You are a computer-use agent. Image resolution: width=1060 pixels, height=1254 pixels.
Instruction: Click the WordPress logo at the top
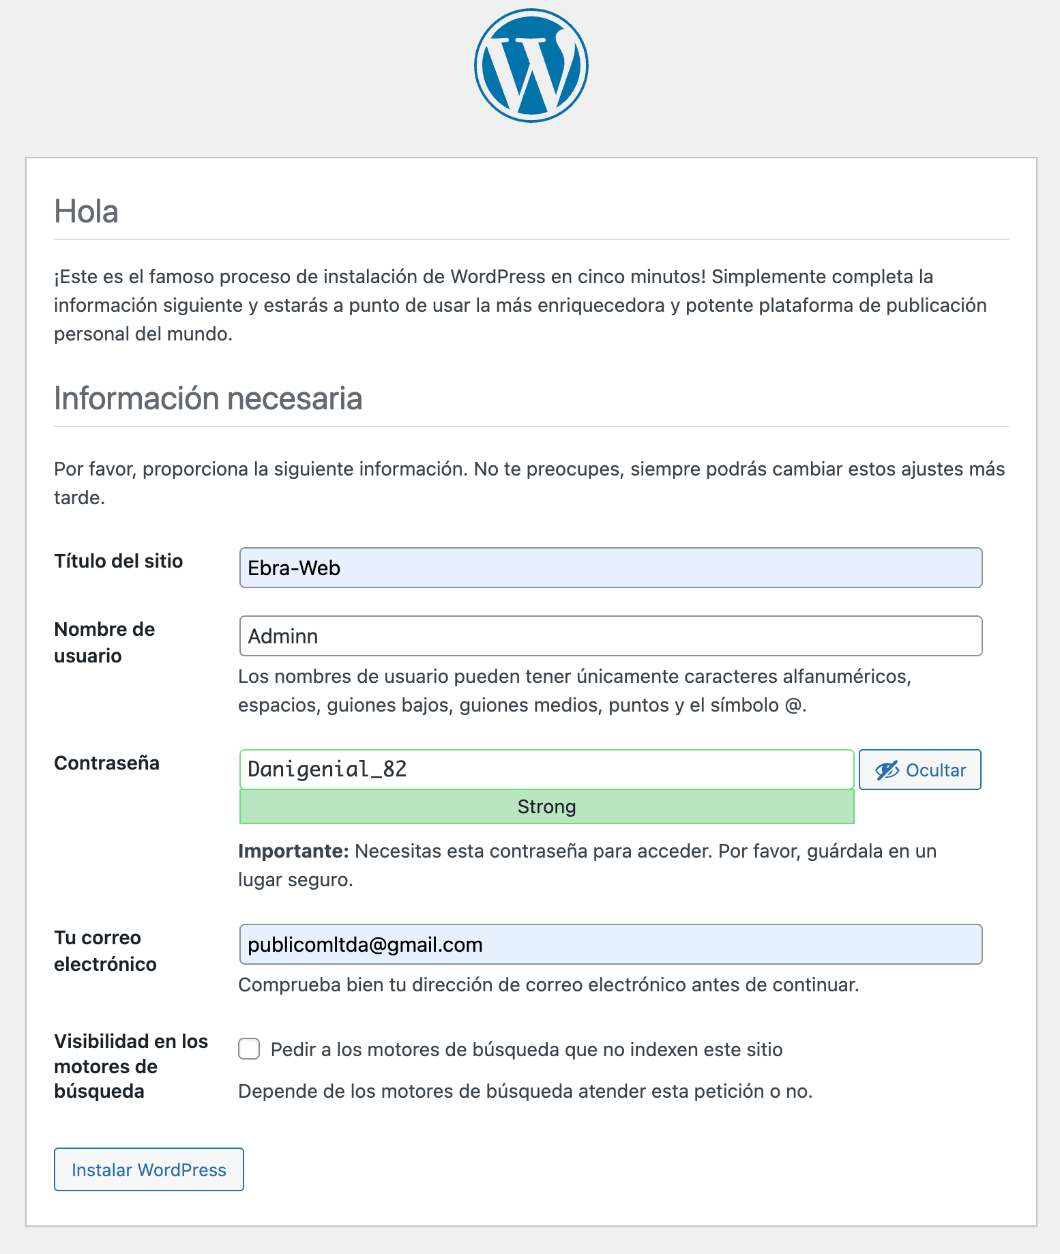click(531, 65)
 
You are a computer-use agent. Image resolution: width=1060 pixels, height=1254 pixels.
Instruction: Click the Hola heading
click(86, 212)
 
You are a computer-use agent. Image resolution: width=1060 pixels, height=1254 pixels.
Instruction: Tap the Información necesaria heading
click(208, 398)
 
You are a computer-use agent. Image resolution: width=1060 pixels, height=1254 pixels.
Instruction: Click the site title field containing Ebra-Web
click(610, 568)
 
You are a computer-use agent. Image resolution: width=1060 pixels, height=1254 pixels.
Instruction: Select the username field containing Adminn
click(610, 636)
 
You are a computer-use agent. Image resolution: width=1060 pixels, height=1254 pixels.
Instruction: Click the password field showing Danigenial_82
click(546, 770)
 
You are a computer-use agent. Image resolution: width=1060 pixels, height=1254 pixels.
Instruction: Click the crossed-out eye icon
click(887, 770)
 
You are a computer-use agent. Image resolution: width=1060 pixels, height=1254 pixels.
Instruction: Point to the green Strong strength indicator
click(546, 806)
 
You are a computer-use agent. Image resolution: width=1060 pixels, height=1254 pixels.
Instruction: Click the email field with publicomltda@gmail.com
click(610, 944)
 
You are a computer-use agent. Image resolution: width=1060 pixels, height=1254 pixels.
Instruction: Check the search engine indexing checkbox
click(249, 1049)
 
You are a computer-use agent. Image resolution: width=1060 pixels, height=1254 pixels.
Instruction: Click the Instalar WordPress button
click(149, 1169)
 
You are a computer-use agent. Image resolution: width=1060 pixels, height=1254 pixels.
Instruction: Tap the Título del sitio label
click(119, 561)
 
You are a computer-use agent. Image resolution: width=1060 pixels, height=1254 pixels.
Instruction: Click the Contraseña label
click(106, 763)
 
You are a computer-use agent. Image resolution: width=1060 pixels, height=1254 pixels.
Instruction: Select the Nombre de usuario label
click(104, 642)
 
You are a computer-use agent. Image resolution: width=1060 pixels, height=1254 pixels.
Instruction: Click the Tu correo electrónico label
click(105, 950)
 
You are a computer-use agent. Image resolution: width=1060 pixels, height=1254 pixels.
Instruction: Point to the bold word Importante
click(293, 851)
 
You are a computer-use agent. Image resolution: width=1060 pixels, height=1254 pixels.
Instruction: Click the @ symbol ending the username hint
click(793, 705)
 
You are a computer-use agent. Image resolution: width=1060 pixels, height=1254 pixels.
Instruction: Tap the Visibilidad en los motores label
click(130, 1066)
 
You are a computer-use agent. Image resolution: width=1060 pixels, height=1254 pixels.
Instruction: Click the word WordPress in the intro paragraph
click(498, 276)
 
